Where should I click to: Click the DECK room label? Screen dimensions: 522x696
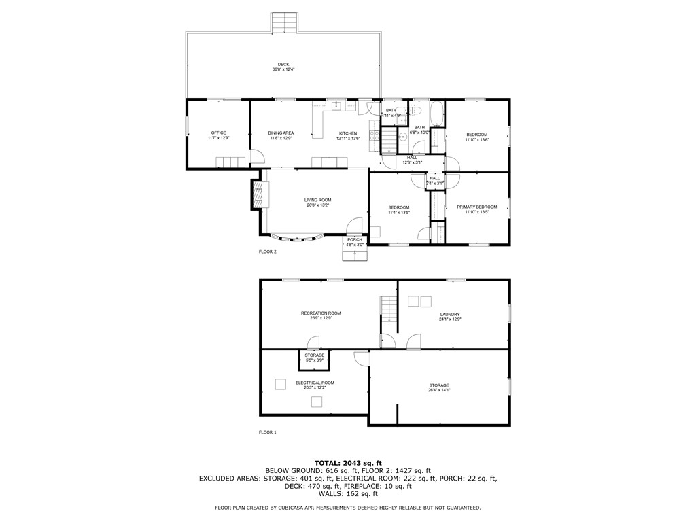[283, 64]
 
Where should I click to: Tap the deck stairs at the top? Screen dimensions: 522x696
[285, 22]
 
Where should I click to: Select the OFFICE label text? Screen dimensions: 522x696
[218, 133]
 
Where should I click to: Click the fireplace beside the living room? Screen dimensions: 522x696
[256, 195]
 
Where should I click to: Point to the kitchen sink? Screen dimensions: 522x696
[336, 107]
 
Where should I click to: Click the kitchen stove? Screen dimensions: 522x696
[373, 135]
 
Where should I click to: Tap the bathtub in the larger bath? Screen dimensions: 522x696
[438, 114]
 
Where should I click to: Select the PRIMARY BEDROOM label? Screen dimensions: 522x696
[476, 207]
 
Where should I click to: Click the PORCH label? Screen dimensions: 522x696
[355, 239]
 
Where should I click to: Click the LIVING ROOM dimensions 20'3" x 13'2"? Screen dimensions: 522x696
[317, 205]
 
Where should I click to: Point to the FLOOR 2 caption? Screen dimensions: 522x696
[268, 251]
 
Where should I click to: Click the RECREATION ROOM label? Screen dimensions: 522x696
[321, 313]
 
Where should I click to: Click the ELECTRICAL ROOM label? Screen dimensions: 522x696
[315, 383]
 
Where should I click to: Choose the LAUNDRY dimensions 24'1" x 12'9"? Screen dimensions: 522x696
[450, 319]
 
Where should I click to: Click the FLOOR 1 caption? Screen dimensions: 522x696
[268, 432]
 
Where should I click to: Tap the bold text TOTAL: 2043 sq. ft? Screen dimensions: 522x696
[347, 462]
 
